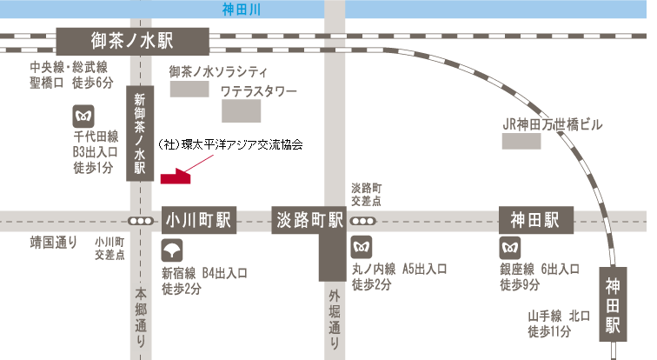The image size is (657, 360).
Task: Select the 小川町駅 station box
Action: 199,221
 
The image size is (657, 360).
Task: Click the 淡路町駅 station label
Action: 309,220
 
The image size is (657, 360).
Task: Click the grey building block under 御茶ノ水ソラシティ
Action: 188,88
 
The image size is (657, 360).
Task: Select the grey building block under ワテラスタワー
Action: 241,110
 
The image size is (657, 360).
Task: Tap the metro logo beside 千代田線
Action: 84,115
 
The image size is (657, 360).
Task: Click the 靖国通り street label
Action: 54,242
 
